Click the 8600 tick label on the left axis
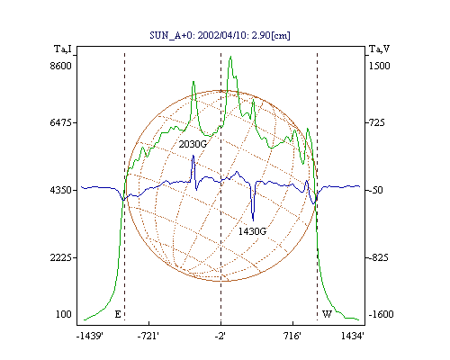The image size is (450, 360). [x=60, y=66]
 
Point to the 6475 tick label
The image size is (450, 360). [x=60, y=122]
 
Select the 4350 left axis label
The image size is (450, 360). [x=60, y=190]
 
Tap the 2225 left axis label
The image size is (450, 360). [x=60, y=257]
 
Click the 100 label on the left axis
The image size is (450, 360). [x=64, y=314]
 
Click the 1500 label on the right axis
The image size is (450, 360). [x=379, y=66]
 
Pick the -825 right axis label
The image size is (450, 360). [x=377, y=257]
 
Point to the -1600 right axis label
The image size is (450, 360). [x=381, y=314]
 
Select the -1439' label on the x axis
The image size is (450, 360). [x=90, y=336]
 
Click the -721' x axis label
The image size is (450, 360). [x=148, y=336]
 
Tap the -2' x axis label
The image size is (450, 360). [x=220, y=336]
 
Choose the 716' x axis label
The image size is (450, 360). [x=292, y=336]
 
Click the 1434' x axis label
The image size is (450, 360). [x=353, y=336]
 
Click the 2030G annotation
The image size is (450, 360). [x=193, y=144]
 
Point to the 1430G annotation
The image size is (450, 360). [x=252, y=231]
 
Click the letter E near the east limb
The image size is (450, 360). [x=118, y=314]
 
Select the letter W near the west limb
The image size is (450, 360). [x=327, y=314]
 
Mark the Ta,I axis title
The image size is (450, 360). [x=63, y=49]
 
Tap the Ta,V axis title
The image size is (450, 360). [x=379, y=49]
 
